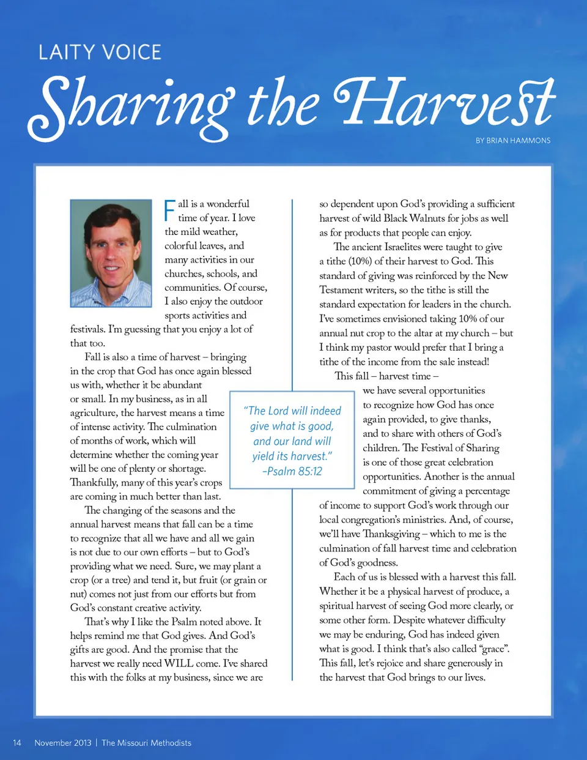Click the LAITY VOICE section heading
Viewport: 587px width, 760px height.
pyautogui.click(x=100, y=53)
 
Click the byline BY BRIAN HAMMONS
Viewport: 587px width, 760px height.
pyautogui.click(x=513, y=141)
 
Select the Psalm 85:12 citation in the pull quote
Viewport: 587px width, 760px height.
pyautogui.click(x=292, y=471)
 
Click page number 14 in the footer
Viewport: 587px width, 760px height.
pyautogui.click(x=17, y=743)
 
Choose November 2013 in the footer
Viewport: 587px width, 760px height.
pyautogui.click(x=63, y=743)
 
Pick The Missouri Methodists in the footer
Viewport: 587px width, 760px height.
pyautogui.click(x=147, y=743)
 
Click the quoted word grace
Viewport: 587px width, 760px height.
pyautogui.click(x=495, y=649)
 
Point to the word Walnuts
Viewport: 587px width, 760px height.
pyautogui.click(x=427, y=218)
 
